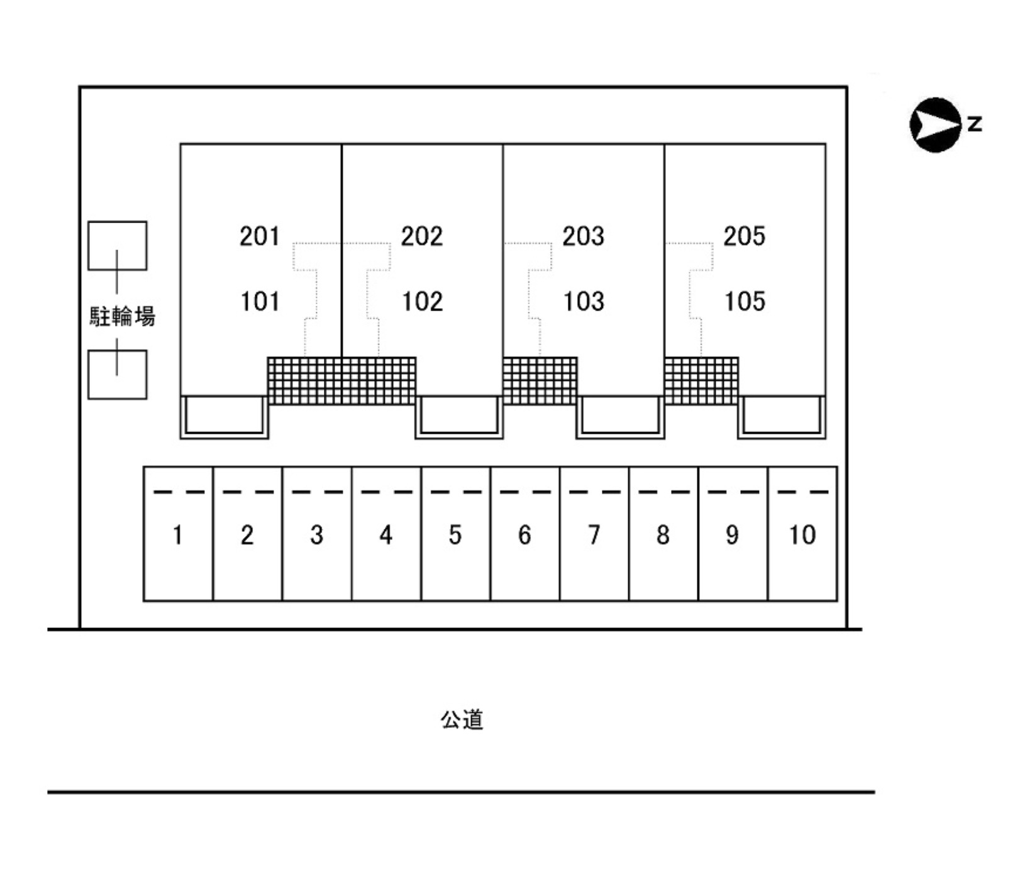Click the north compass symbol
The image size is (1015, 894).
click(935, 125)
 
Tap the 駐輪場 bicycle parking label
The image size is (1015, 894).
click(122, 316)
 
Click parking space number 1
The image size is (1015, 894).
click(178, 535)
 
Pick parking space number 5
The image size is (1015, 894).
click(455, 535)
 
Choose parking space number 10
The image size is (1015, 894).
click(802, 535)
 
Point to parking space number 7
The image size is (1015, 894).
click(594, 535)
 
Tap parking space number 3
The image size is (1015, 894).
click(316, 535)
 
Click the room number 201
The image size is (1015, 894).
click(259, 236)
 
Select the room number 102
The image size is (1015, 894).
click(422, 302)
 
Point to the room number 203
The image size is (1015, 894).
click(583, 236)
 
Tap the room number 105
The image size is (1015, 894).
click(745, 302)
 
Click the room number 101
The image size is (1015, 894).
click(260, 302)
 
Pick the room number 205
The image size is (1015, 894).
click(745, 236)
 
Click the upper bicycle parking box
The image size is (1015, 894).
click(117, 245)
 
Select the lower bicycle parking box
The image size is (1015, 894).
click(117, 375)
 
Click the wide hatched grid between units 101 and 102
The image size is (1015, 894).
click(341, 381)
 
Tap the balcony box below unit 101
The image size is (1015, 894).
click(225, 416)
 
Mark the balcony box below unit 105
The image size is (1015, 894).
click(782, 416)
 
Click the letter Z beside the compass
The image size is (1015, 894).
click(974, 123)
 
